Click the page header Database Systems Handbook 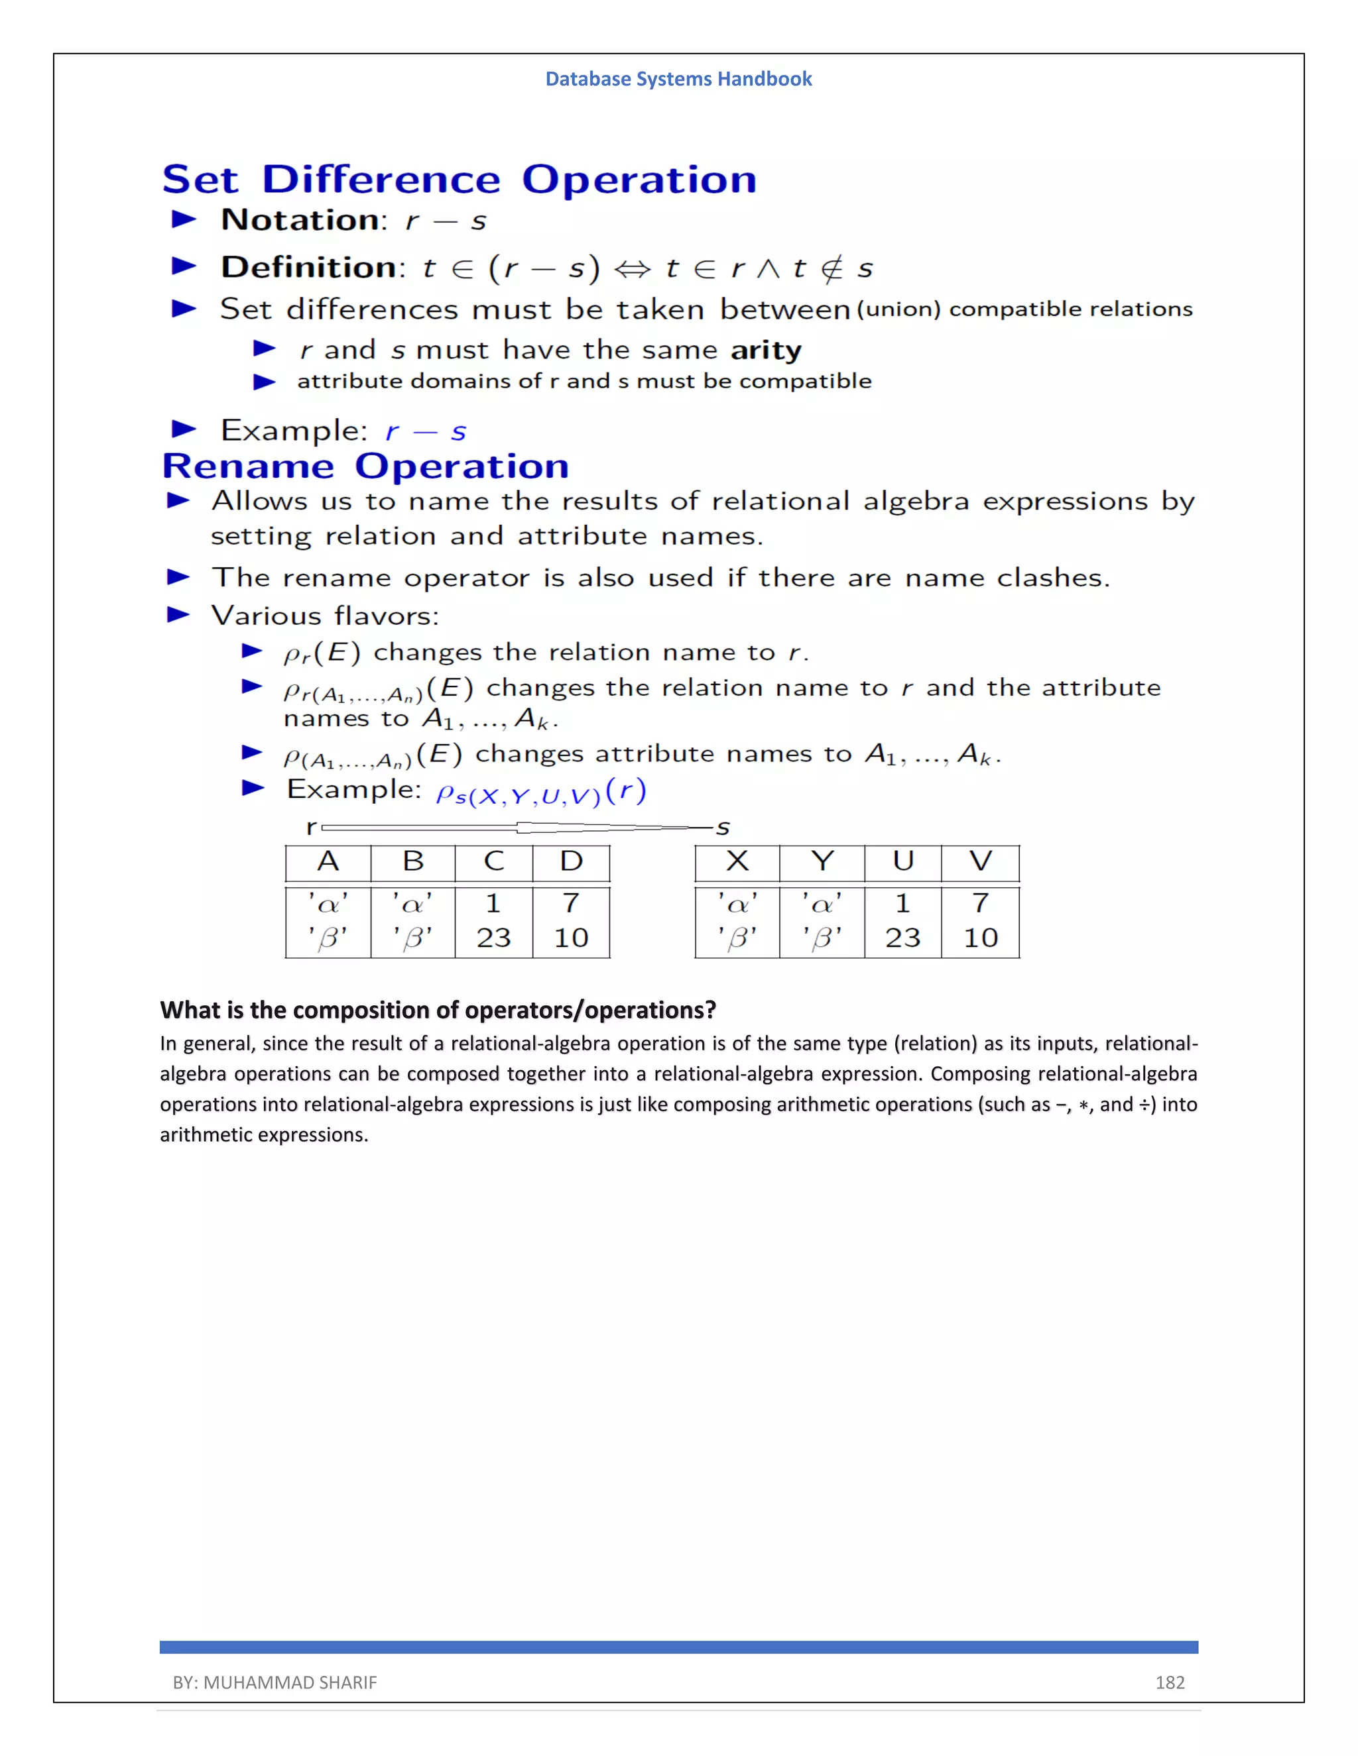(x=678, y=79)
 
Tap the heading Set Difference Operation (x=460, y=180)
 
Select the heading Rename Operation (x=365, y=466)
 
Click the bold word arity (x=766, y=351)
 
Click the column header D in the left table (x=571, y=862)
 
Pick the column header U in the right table (x=902, y=862)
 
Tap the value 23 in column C (x=493, y=938)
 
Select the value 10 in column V (x=980, y=938)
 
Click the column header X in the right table (x=737, y=862)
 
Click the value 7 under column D (x=571, y=903)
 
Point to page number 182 (x=1170, y=1682)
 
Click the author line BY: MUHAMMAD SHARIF (x=275, y=1682)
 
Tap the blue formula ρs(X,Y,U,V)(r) (x=540, y=792)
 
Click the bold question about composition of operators (x=438, y=1010)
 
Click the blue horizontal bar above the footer (x=678, y=1647)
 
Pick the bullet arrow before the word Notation (x=184, y=219)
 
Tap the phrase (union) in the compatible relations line (x=898, y=309)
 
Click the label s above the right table (x=723, y=828)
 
